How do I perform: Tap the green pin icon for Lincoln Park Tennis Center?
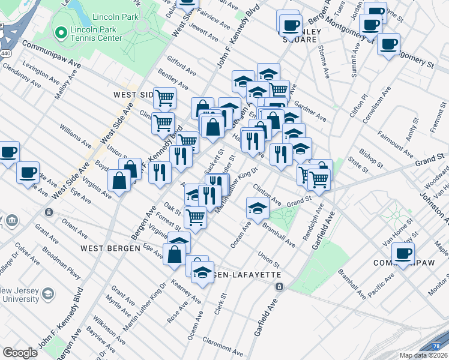pyautogui.click(x=59, y=32)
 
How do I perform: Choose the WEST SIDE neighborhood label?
pyautogui.click(x=133, y=95)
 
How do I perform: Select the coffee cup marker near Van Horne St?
pyautogui.click(x=403, y=254)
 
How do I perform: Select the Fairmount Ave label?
pyautogui.click(x=391, y=142)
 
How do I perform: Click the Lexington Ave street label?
pyautogui.click(x=41, y=72)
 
